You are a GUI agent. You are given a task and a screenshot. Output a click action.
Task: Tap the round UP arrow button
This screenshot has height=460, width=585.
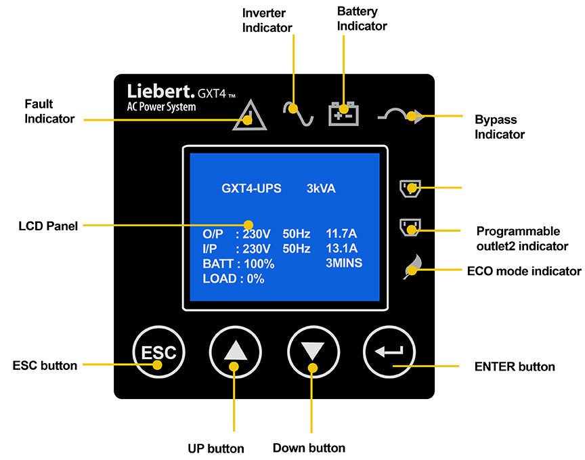[x=235, y=352]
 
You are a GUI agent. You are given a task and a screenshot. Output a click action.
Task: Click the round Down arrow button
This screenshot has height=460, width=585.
[x=313, y=352]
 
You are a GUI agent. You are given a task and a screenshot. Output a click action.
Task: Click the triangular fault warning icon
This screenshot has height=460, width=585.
[x=249, y=115]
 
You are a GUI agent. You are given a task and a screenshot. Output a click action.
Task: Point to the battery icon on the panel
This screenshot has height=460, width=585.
[x=344, y=112]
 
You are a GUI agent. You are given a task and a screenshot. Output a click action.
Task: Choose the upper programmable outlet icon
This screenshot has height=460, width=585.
[x=410, y=186]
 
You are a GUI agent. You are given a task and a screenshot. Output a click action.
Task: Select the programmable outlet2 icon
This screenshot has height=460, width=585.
[x=410, y=226]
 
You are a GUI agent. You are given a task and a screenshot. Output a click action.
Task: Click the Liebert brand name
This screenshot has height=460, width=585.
[x=160, y=91]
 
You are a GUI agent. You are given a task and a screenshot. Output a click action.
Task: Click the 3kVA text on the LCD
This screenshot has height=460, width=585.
[x=321, y=188]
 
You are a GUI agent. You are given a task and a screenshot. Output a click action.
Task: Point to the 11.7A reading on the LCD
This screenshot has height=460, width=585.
[x=341, y=234]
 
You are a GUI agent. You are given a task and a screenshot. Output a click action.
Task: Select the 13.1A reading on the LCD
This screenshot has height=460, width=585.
[x=341, y=249]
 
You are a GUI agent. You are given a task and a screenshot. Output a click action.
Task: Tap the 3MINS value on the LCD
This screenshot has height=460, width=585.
[x=344, y=264]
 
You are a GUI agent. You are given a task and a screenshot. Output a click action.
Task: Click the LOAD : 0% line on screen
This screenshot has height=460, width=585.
[x=233, y=278]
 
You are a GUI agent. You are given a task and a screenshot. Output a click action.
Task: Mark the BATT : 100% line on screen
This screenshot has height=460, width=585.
[x=238, y=264]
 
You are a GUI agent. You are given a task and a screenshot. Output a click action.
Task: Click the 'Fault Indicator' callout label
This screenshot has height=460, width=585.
[x=49, y=112]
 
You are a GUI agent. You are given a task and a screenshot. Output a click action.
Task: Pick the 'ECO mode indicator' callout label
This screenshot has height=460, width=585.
[x=523, y=271]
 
